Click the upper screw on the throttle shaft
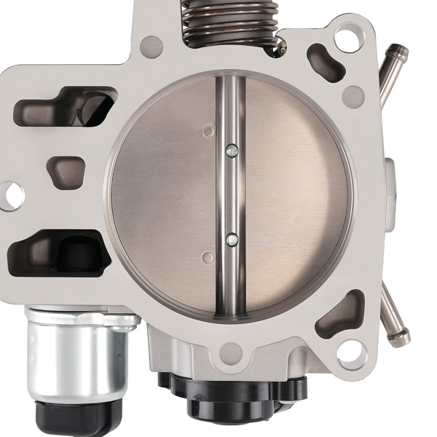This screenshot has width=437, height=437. pyautogui.click(x=232, y=151)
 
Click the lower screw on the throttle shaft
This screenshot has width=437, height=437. pyautogui.click(x=232, y=237)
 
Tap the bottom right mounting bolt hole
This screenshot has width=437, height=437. pyautogui.click(x=353, y=353)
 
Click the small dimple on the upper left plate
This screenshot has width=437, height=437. pyautogui.click(x=209, y=131)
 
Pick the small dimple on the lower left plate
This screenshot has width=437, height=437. pyautogui.click(x=208, y=256)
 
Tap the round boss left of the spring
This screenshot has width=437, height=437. pyautogui.click(x=152, y=45)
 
